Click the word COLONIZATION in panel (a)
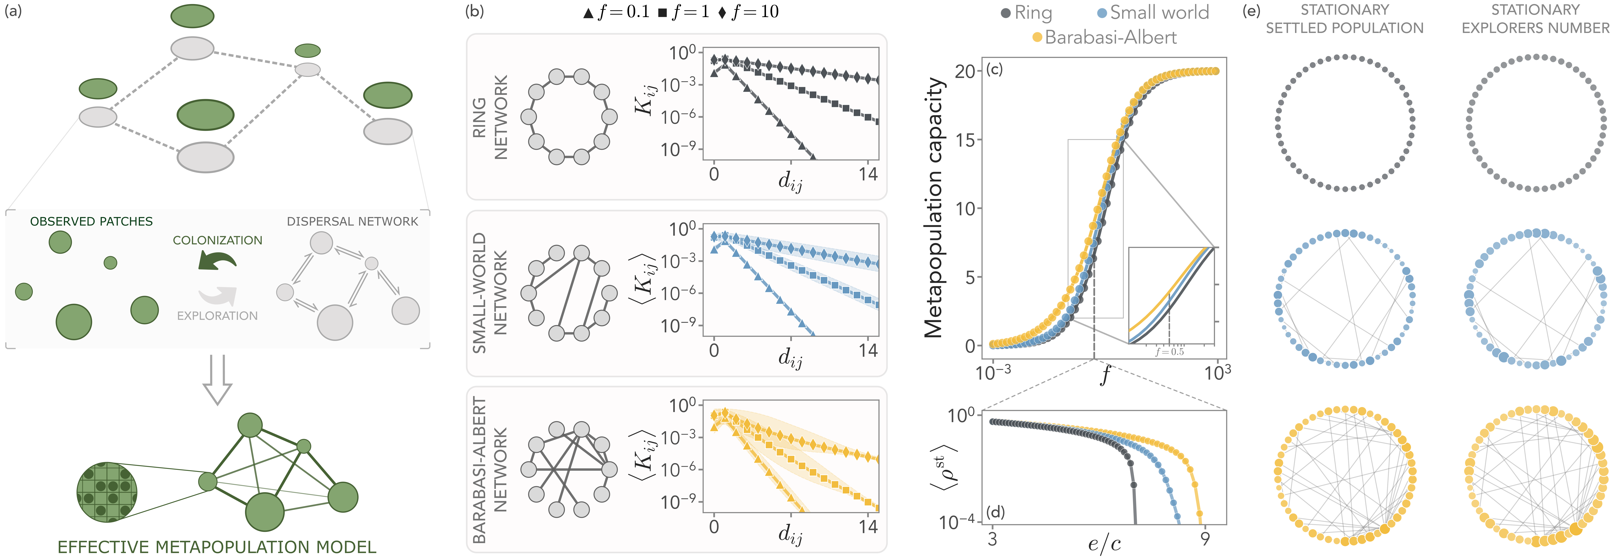coord(218,241)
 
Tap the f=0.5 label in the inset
coord(1170,352)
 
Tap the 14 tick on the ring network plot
coord(868,174)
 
